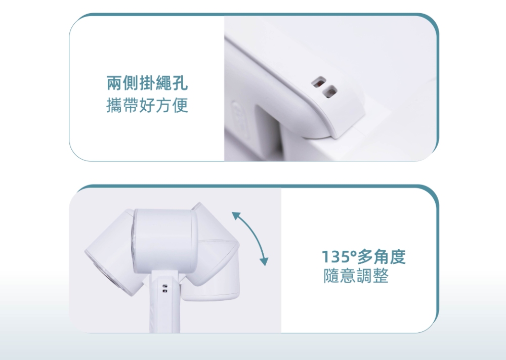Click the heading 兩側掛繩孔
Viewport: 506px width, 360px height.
tap(147, 83)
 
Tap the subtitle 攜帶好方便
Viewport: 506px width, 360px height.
tap(147, 105)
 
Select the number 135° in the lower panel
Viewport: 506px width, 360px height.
tap(339, 257)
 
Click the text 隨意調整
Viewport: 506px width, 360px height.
tap(356, 276)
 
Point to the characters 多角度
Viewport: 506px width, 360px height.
tap(381, 257)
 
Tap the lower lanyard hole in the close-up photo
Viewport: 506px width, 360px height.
tap(330, 92)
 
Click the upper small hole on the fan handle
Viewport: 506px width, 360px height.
tap(165, 286)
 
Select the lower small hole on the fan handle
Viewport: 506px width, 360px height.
tap(165, 291)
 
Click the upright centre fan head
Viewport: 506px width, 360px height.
tap(163, 239)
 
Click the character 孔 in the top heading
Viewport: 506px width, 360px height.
tap(180, 83)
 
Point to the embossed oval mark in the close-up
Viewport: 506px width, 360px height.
tap(241, 119)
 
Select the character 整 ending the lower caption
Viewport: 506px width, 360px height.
tap(381, 276)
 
